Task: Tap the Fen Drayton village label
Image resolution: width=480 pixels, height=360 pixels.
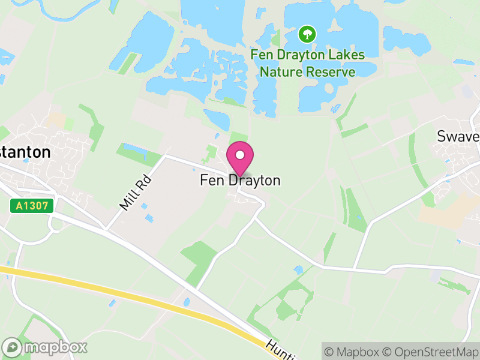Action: point(240,180)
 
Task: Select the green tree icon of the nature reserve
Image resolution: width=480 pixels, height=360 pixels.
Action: point(308,34)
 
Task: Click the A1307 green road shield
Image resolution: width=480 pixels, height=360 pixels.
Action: point(32,206)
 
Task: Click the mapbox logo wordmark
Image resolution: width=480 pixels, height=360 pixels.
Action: point(55,347)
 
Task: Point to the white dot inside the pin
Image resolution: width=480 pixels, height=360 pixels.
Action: point(240,155)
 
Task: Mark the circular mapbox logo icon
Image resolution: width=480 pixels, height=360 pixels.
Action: point(12,347)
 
